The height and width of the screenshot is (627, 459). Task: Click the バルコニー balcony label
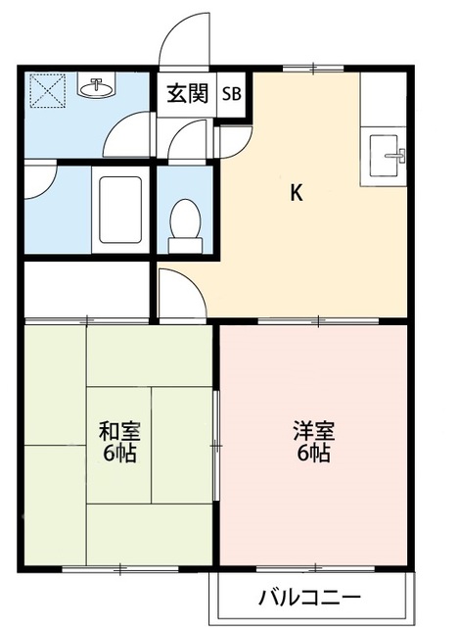tap(310, 596)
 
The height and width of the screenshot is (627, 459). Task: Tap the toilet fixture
tap(182, 219)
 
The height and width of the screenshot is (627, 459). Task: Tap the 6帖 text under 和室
tap(117, 455)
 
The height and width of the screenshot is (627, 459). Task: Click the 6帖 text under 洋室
tap(312, 455)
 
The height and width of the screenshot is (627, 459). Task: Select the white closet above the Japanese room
tap(85, 288)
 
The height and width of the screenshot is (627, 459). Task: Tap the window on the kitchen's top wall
tap(312, 68)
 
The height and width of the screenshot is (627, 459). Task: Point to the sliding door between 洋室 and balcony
tap(312, 568)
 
